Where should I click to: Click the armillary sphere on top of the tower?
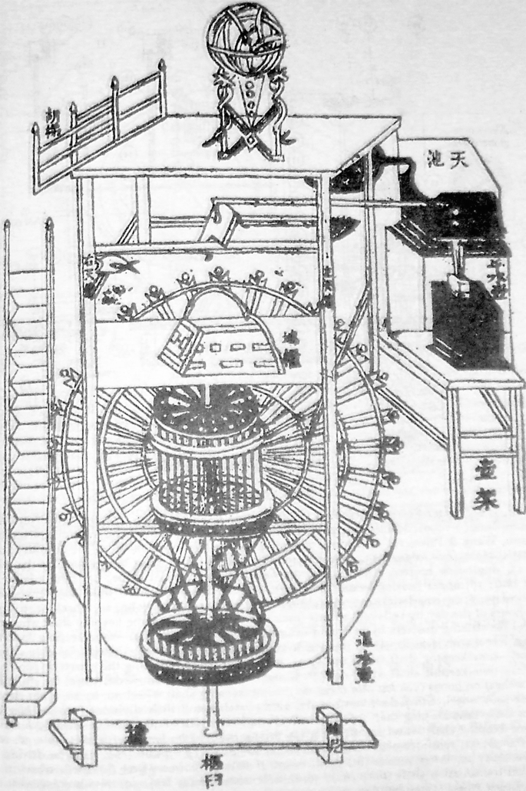point(245,41)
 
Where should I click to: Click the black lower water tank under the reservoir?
point(468,322)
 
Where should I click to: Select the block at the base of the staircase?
point(28,702)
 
